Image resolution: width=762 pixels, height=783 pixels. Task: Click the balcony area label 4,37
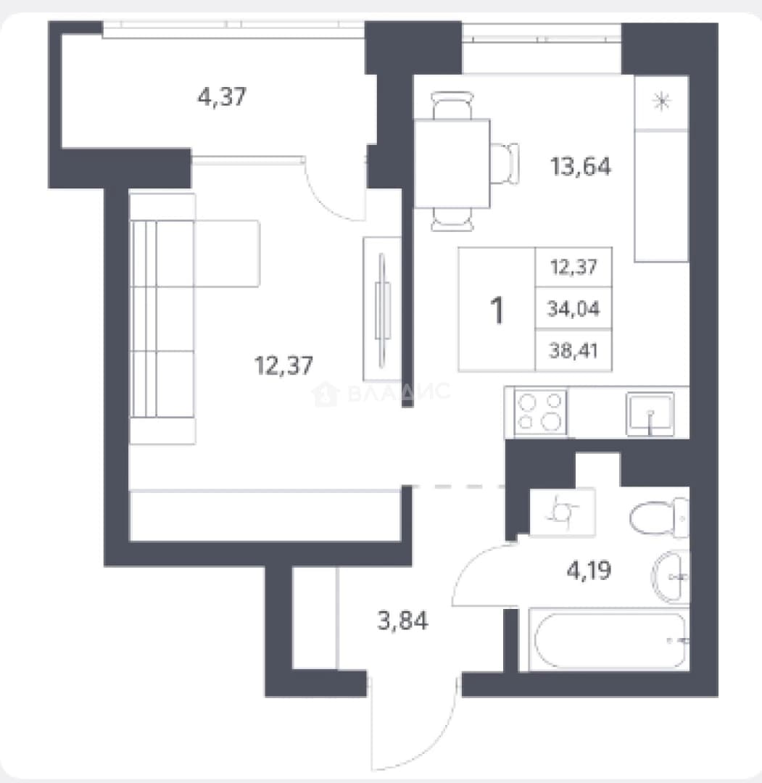coord(222,96)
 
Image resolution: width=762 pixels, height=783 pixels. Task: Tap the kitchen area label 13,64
coord(581,166)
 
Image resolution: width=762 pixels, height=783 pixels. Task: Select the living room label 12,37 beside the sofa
coord(283,365)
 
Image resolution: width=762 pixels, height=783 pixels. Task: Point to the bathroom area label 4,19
coord(589,570)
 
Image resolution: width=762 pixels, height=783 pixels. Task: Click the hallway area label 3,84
coord(402,621)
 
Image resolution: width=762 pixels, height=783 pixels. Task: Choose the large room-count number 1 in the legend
coord(497,310)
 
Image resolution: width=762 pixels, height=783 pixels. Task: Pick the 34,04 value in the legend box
coord(573,309)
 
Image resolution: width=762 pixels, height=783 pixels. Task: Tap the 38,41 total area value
coord(573,351)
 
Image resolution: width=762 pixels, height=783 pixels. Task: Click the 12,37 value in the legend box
coord(573,267)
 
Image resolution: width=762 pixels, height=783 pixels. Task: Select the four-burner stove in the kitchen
coord(541,412)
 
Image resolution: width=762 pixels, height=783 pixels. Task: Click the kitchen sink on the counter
coord(650,414)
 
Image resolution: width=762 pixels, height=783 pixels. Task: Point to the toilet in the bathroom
coord(659,518)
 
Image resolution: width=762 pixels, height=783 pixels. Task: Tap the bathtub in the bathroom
coord(609,639)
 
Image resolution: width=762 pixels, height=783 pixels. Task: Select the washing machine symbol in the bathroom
coord(563,511)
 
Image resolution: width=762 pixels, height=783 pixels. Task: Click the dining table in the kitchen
coord(452,163)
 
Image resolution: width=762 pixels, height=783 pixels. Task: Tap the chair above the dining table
coord(452,105)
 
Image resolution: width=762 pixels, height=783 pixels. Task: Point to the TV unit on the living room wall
coord(382,309)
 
